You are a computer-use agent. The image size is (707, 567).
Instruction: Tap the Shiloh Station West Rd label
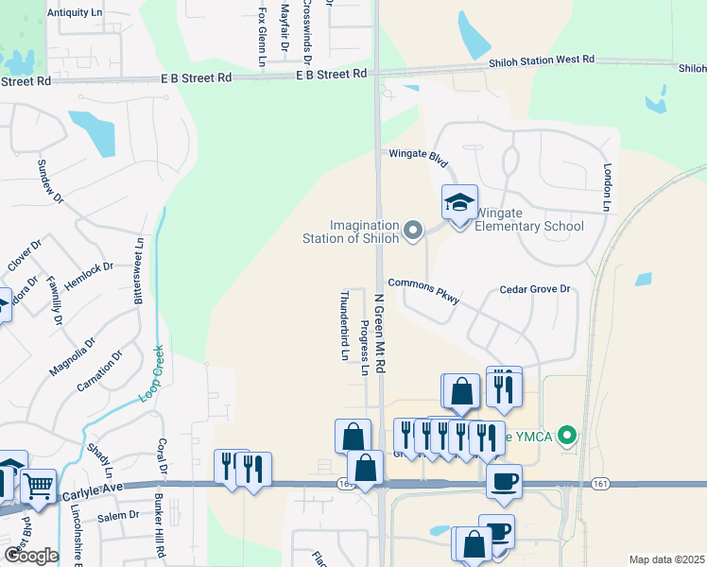541,60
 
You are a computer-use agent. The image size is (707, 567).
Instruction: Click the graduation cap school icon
459,203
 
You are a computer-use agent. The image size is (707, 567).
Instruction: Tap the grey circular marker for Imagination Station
412,230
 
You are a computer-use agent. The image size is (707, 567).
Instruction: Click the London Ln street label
608,187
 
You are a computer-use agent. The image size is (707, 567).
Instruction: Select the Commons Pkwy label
423,290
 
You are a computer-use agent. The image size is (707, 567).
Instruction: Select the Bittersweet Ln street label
139,269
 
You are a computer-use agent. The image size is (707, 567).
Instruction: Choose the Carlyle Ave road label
95,494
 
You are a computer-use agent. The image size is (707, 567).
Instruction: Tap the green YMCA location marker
566,436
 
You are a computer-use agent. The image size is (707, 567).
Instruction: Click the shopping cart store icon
38,487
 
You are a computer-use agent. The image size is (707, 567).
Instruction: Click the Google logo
31,555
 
